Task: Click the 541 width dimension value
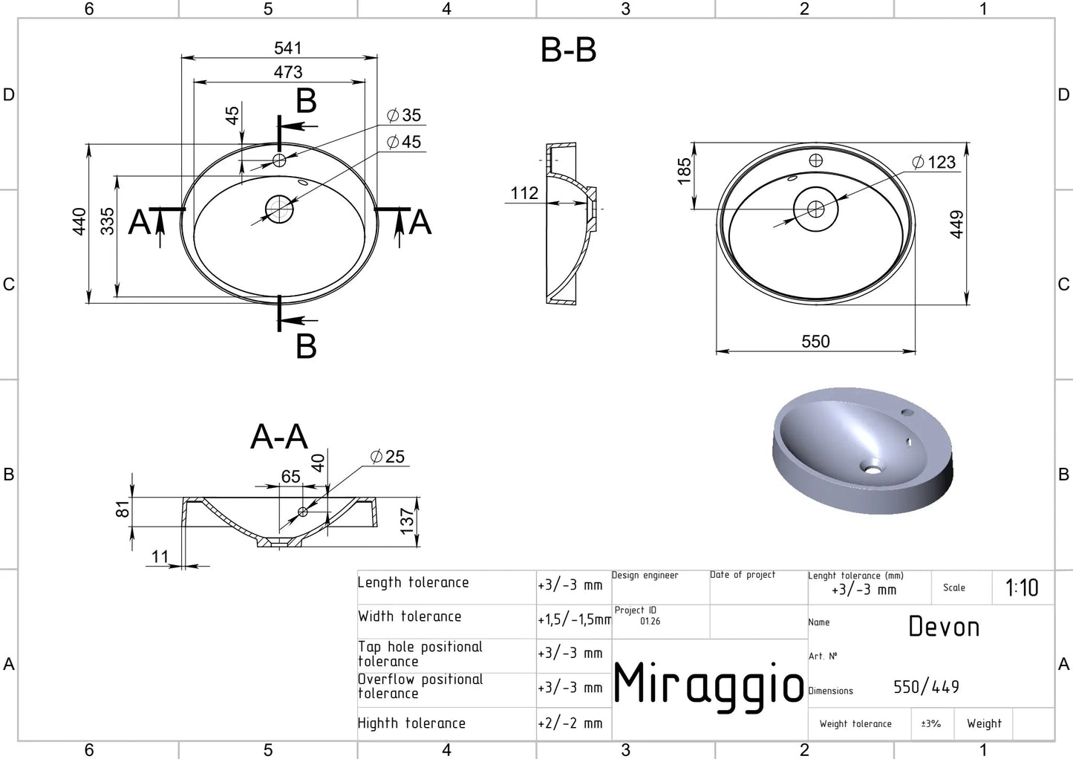pos(288,48)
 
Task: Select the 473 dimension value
pos(288,72)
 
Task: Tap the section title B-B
pos(568,50)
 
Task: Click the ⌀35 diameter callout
pos(404,115)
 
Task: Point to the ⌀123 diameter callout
pos(933,162)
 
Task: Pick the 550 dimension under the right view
pos(815,341)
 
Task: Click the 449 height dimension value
pos(956,224)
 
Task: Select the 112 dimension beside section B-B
pos(524,193)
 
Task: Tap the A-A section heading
pos(278,437)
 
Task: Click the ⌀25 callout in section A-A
pos(388,456)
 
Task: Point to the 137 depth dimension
pos(406,521)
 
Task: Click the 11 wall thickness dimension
pos(160,557)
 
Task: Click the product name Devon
pos(944,627)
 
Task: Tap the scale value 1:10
pos(1022,588)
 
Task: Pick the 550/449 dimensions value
pos(927,687)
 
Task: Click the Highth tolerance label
pos(411,723)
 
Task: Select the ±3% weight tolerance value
pos(931,723)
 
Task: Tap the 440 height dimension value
pos(79,222)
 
